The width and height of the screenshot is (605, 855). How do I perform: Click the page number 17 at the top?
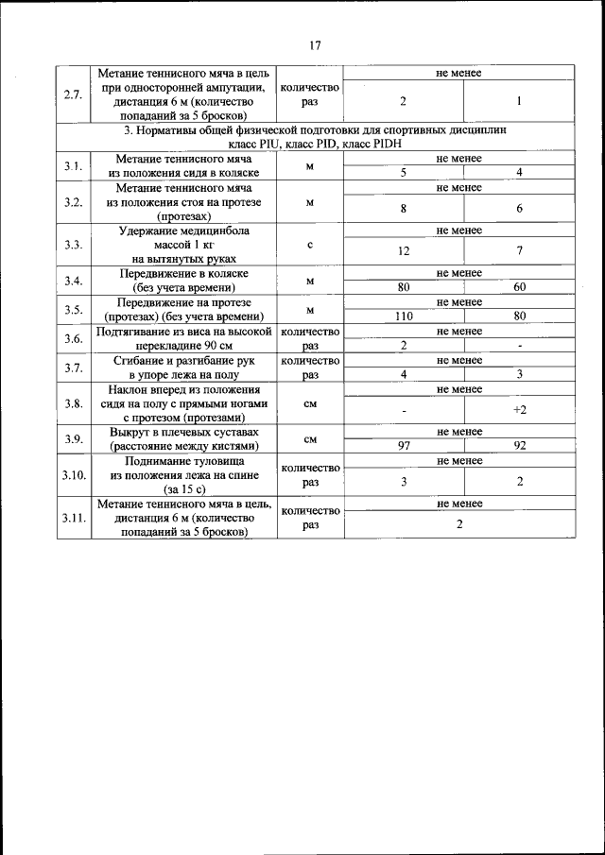tap(315, 44)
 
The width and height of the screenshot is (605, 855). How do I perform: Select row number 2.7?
tap(72, 94)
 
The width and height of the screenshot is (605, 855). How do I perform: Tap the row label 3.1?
tap(72, 166)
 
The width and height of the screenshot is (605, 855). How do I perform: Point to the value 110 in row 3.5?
tap(404, 316)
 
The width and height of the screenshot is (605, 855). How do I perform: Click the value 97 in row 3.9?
tap(404, 445)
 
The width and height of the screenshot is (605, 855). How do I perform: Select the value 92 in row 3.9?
tap(519, 445)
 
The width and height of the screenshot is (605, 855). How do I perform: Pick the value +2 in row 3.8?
tap(519, 409)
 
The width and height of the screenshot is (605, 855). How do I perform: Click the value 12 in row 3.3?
tap(404, 250)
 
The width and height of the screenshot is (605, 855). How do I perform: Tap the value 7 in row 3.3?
tap(519, 250)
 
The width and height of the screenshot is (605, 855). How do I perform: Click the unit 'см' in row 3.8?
tap(310, 402)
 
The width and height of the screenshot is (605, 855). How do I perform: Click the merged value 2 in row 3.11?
tap(459, 524)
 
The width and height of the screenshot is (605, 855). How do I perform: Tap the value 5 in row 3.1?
tap(404, 173)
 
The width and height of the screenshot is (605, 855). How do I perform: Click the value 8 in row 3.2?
tap(404, 209)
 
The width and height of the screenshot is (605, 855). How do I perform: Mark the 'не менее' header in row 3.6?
tap(459, 332)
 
